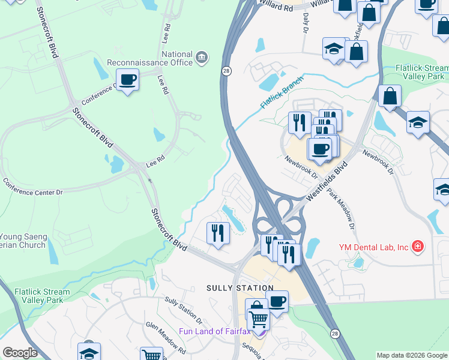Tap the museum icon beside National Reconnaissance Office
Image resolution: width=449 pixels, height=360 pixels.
click(x=202, y=58)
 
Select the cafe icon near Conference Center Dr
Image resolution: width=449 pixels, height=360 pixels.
click(x=127, y=79)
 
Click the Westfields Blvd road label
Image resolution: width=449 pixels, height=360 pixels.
click(x=327, y=180)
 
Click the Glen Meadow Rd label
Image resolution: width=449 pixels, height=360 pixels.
click(x=162, y=334)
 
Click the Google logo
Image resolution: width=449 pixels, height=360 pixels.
click(x=20, y=353)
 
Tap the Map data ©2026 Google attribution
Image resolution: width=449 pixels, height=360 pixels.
click(x=412, y=355)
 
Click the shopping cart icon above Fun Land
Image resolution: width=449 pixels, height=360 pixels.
click(x=258, y=319)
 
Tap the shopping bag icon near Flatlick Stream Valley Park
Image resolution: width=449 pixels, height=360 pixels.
click(x=390, y=97)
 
